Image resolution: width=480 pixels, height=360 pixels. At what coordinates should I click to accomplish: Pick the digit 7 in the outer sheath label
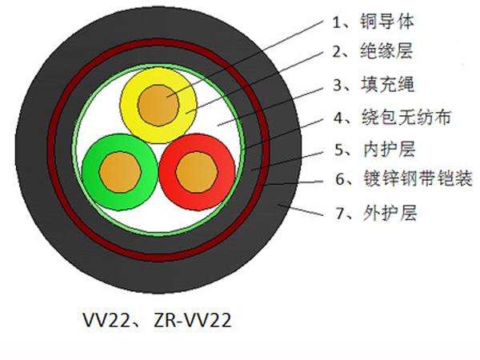click(x=340, y=213)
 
